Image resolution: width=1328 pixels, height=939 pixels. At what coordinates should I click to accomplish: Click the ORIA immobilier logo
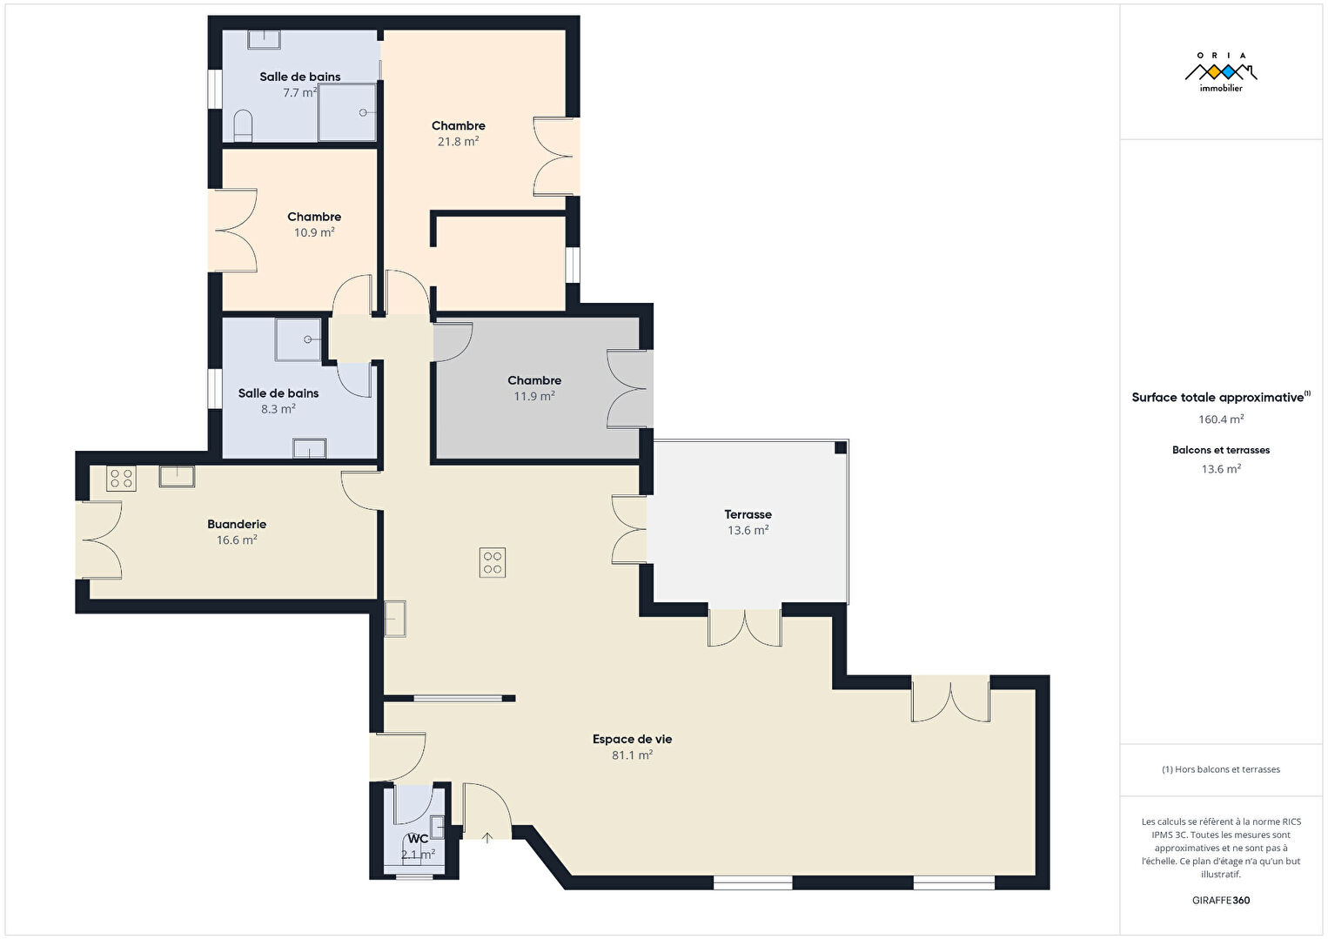(x=1221, y=72)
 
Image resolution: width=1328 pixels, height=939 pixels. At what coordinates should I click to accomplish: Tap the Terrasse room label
(x=748, y=514)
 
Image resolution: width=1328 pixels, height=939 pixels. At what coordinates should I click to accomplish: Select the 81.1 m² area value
(x=632, y=755)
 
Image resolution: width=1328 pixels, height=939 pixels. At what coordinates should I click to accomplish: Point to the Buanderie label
(x=237, y=524)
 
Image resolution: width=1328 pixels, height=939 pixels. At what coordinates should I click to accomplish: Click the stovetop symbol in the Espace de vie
(x=492, y=562)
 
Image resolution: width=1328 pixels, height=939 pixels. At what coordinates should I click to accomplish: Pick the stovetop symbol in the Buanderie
(x=121, y=479)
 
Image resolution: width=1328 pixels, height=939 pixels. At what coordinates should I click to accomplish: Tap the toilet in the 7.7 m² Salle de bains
(x=243, y=125)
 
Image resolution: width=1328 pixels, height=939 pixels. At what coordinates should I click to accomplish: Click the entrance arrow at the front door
(x=486, y=837)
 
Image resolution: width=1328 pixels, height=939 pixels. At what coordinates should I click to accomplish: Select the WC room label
(x=418, y=839)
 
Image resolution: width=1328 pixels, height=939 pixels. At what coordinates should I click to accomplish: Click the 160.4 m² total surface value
(x=1221, y=419)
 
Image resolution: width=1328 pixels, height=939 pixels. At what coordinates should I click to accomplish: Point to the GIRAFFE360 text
(x=1221, y=900)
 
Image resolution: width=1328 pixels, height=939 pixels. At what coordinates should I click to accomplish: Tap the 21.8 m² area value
(x=458, y=141)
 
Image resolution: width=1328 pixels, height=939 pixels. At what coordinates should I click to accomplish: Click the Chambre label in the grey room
(x=534, y=380)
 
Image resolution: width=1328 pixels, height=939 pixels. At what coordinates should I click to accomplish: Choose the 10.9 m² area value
(x=314, y=232)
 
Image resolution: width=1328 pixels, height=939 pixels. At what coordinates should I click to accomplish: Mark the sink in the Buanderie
(x=177, y=477)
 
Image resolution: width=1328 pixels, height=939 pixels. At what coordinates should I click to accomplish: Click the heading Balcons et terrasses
(x=1221, y=450)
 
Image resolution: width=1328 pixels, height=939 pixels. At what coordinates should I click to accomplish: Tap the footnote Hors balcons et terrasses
(x=1221, y=768)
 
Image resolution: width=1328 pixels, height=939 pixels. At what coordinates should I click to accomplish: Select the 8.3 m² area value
(x=278, y=408)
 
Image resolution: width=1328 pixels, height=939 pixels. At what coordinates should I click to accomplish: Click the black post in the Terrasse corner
(x=841, y=447)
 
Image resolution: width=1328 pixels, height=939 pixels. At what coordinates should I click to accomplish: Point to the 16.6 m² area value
(x=237, y=540)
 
